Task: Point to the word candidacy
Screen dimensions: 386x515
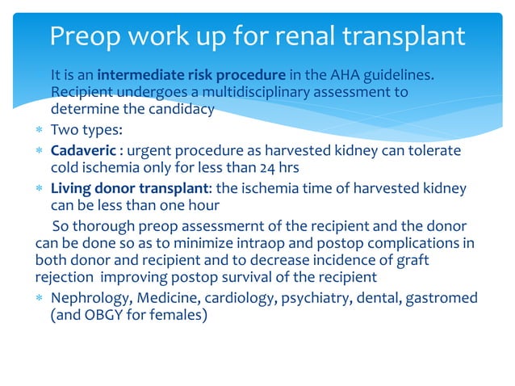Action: point(180,109)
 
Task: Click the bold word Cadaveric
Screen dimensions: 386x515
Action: point(77,151)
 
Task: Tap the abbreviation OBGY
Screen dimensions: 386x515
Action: point(108,316)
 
